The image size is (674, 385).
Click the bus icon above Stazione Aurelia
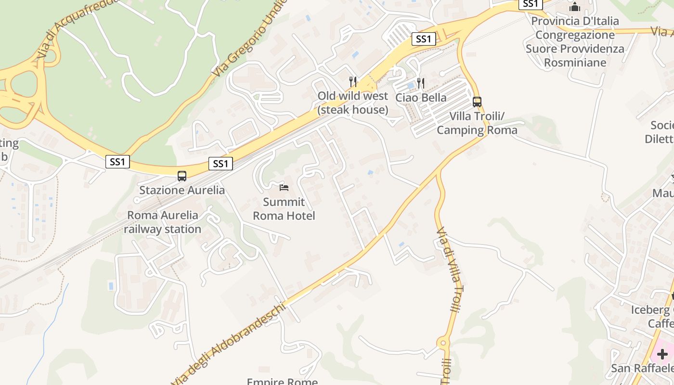point(181,176)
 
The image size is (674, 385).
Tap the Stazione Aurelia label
point(182,190)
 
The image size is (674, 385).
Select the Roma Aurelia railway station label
point(163,222)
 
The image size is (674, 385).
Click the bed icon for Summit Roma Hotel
point(284,187)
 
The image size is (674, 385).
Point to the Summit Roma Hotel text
point(284,209)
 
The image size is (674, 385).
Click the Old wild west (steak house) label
point(353,103)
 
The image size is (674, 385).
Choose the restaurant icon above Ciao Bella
point(421,83)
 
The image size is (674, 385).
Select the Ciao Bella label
point(421,98)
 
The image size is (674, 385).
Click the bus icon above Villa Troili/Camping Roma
point(477,102)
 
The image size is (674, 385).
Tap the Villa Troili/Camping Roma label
point(477,123)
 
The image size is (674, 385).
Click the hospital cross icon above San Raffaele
point(662,355)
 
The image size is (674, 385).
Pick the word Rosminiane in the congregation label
point(575,63)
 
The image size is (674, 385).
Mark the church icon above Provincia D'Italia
point(575,7)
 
